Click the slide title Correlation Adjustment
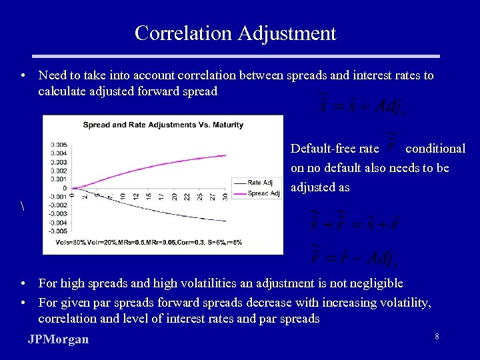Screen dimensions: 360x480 [235, 33]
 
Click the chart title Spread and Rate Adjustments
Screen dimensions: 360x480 [163, 125]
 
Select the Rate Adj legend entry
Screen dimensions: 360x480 [259, 183]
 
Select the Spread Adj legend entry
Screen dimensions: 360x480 [263, 193]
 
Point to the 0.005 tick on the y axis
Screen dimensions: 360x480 [59, 145]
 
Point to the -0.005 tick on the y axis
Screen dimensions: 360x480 [58, 231]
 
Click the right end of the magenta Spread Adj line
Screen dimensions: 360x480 [225, 155]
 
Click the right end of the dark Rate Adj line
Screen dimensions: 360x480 [225, 221]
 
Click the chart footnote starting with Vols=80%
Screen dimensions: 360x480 [149, 241]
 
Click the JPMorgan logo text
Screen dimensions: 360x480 [58, 339]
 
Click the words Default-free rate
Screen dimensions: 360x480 [335, 149]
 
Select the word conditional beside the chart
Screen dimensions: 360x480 [435, 149]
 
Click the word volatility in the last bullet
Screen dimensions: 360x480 [403, 303]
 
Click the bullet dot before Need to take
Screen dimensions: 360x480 [23, 76]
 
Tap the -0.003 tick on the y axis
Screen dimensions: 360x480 [58, 213]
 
